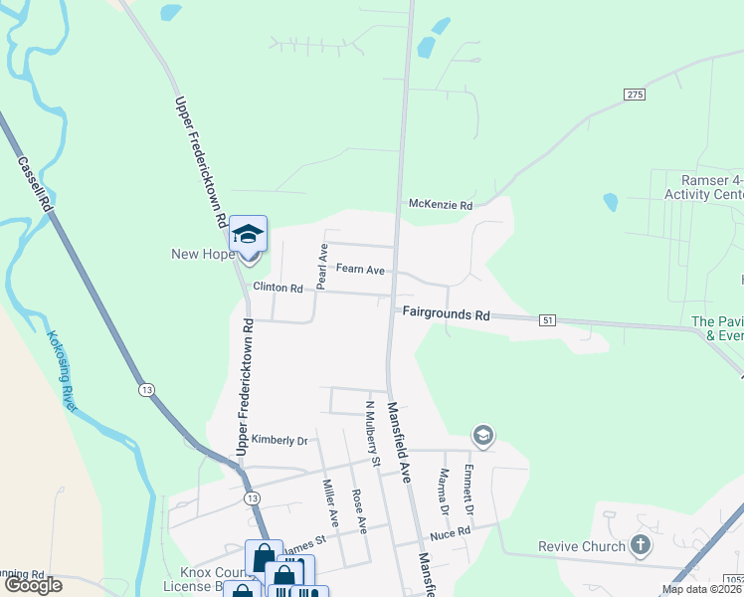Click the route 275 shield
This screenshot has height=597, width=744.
coord(636,94)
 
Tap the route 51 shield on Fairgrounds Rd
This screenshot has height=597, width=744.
coord(547,319)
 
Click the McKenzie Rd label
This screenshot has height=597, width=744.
coord(440,205)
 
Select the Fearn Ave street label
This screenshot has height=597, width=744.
coord(360,269)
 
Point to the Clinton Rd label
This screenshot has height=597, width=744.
coord(278,288)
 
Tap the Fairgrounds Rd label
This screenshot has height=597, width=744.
coord(447,314)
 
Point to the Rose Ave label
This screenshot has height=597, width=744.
coord(359,510)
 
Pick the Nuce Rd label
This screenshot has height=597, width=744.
coord(450,533)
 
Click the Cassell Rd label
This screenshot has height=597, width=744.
coord(35,180)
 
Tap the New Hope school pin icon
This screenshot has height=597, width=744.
coord(249,235)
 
